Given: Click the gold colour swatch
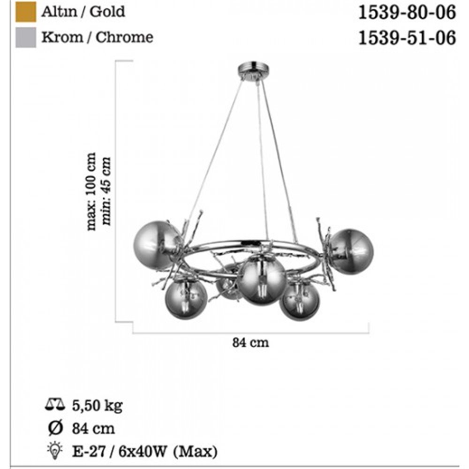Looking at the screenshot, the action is [26, 12].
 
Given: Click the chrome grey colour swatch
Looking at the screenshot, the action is [26, 38].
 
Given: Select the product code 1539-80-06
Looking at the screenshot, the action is [407, 13].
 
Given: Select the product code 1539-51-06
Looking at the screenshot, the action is [407, 38].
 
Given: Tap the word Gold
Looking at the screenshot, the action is [107, 12].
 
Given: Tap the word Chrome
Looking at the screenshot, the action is [124, 37].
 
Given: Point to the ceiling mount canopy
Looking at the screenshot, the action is [253, 70].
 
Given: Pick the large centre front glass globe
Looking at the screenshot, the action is [262, 280].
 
